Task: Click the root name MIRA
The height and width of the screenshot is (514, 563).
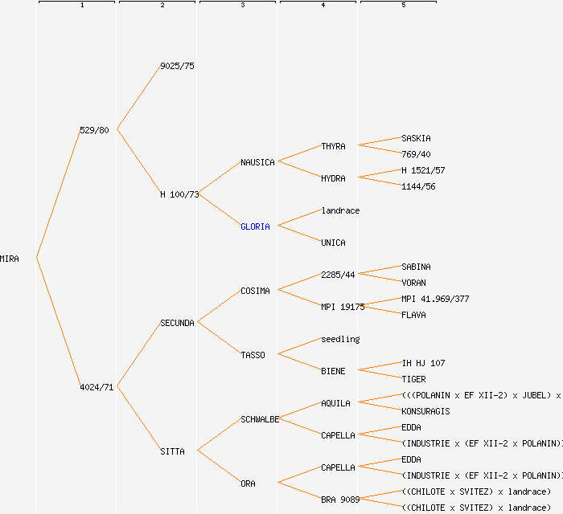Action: tap(10, 259)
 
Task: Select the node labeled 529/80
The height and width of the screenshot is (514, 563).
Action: tap(94, 130)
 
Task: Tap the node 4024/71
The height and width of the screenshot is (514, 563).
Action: tap(97, 387)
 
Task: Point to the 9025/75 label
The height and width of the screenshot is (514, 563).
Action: tap(177, 66)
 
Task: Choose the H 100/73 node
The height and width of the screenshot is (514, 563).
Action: tap(179, 194)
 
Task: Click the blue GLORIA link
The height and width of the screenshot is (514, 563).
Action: tap(255, 226)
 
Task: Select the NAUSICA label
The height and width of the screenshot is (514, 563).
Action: tap(257, 162)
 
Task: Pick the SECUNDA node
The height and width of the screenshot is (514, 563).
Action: tap(177, 323)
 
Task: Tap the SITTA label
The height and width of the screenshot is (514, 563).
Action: tap(172, 451)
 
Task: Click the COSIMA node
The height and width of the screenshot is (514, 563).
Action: tap(255, 291)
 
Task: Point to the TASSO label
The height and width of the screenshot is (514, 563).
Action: tap(253, 355)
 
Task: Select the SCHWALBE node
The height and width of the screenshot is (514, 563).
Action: tap(260, 419)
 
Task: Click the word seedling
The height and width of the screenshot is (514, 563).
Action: tap(340, 339)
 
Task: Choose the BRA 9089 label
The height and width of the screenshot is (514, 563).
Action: tap(340, 500)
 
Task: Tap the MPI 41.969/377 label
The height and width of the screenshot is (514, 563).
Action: tap(435, 299)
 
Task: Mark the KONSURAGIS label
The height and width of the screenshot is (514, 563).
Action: tap(425, 411)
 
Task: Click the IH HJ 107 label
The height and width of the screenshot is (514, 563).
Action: tap(423, 363)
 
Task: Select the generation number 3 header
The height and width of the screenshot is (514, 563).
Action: tap(242, 6)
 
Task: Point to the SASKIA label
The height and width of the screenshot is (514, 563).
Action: tap(416, 138)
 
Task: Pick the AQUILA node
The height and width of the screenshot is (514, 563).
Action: tap(335, 403)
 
